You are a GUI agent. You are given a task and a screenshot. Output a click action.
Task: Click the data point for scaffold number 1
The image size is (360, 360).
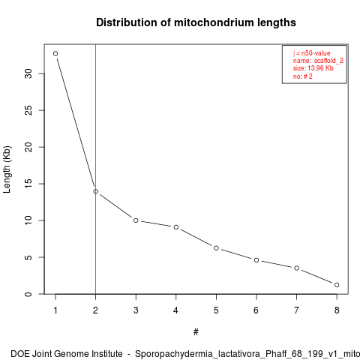[x=55, y=53]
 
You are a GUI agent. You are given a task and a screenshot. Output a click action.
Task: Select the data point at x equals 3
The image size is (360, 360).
[x=136, y=220]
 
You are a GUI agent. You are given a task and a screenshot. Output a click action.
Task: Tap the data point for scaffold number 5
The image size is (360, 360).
[x=216, y=248]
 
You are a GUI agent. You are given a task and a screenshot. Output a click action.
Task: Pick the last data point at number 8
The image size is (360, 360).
[x=337, y=285]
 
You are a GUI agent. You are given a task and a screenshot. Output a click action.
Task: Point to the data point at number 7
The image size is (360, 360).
[x=296, y=268]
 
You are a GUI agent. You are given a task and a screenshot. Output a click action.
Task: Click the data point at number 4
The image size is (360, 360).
[x=176, y=227]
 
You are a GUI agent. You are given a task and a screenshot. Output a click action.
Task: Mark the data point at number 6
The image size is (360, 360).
[x=256, y=260]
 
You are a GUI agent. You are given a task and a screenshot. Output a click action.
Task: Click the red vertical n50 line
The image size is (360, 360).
[x=95, y=169]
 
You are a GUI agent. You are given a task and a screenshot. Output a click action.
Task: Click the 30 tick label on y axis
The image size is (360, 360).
[x=28, y=73]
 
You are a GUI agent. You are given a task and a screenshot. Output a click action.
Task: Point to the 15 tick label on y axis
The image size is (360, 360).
[x=28, y=184]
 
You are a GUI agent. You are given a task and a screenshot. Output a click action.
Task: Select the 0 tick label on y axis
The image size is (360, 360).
[x=28, y=294]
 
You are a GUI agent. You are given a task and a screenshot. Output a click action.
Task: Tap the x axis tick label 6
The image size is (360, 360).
[x=256, y=310]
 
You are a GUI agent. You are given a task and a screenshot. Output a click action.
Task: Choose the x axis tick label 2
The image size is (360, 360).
[x=95, y=310]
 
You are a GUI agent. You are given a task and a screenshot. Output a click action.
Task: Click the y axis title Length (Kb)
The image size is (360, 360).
[x=7, y=169]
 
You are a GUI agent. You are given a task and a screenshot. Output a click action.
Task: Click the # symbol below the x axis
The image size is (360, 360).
[x=196, y=332]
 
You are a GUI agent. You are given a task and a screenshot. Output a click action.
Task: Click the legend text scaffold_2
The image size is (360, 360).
[x=328, y=61]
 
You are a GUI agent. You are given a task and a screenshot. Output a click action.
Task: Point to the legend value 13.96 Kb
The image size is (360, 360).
[x=320, y=68]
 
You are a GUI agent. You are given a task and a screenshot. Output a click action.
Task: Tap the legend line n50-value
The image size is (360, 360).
[x=312, y=53]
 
